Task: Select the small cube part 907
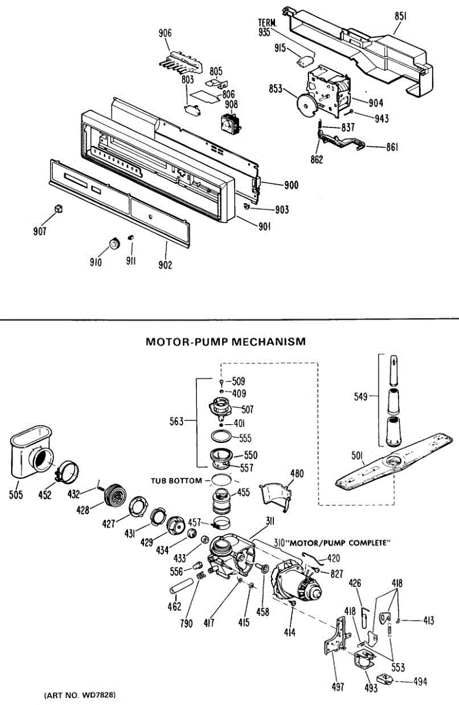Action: coord(58,208)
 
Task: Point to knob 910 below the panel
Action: coord(113,243)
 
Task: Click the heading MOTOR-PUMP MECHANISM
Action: coord(225,341)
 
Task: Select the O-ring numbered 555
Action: coord(221,437)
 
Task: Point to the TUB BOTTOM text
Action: coord(176,481)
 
